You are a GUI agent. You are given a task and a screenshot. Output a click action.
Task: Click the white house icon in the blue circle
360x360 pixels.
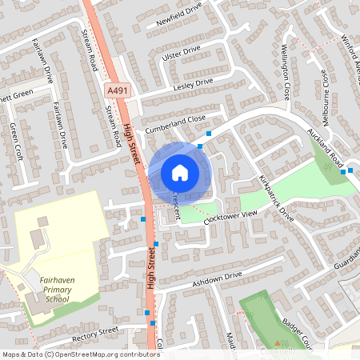tap(179, 172)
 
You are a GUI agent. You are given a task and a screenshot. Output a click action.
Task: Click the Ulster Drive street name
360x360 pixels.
tap(181, 50)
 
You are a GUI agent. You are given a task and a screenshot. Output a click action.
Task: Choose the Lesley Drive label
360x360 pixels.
tap(193, 82)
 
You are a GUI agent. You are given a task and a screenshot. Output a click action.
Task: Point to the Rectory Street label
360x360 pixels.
tap(94, 331)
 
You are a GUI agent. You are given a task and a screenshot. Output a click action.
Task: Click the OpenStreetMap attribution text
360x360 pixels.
tap(80, 354)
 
